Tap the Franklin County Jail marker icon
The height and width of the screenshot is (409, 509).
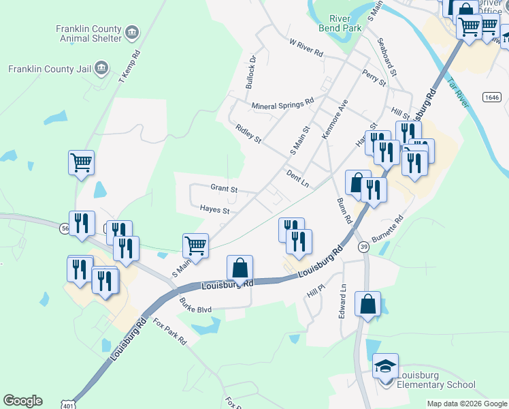click(101, 67)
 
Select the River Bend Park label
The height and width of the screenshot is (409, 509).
click(334, 22)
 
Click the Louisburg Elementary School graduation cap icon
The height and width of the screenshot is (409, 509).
click(385, 366)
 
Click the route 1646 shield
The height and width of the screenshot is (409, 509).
click(491, 97)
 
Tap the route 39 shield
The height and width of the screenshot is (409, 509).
click(363, 246)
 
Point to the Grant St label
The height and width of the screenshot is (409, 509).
click(223, 188)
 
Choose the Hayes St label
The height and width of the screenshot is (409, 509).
click(214, 211)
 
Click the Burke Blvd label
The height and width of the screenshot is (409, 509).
click(195, 308)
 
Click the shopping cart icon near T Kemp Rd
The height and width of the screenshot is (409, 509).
click(81, 163)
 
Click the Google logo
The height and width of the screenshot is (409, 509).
click(22, 401)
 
